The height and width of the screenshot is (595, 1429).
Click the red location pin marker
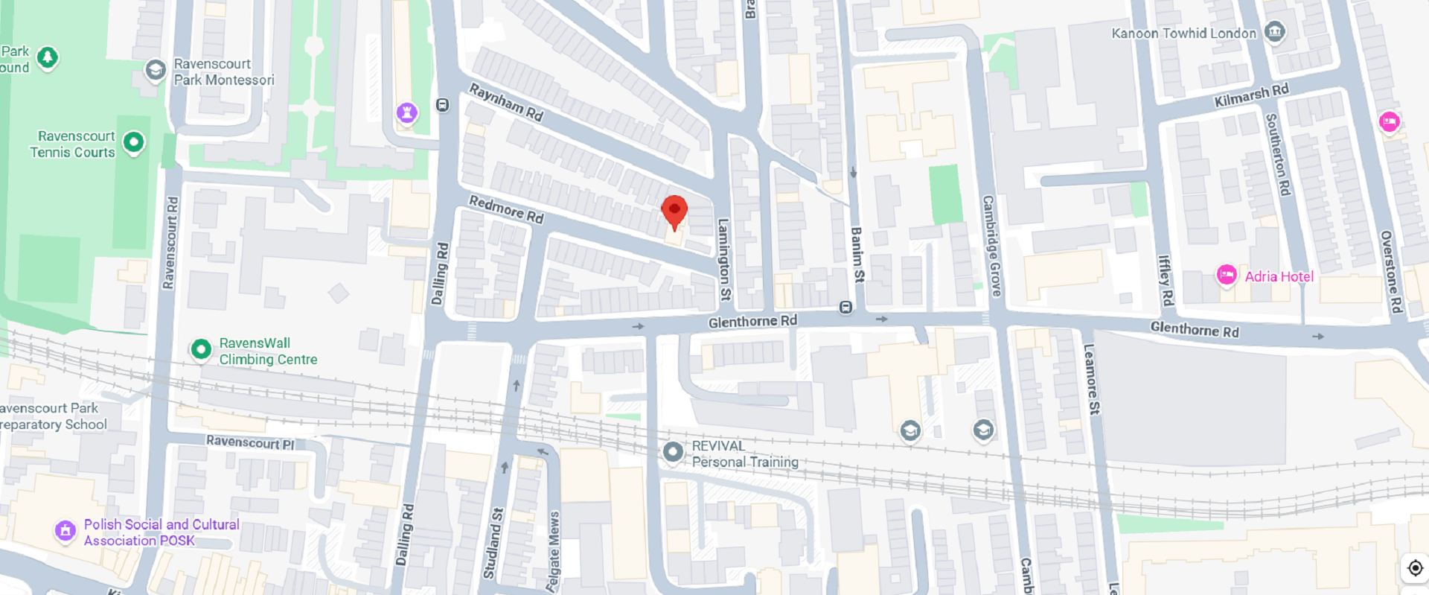tap(674, 211)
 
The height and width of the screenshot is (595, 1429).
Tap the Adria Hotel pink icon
tap(1227, 276)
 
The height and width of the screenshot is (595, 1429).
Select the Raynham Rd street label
tap(506, 102)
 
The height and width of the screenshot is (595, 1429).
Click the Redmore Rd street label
tap(506, 209)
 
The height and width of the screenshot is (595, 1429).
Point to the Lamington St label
tap(723, 259)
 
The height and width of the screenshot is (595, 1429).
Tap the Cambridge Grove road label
tap(991, 246)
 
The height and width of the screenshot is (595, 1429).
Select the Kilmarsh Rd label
tap(1251, 95)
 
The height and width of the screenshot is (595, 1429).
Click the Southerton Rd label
tap(1277, 154)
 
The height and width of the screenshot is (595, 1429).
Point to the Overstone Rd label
tap(1390, 272)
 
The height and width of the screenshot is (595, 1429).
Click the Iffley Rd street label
tap(1166, 280)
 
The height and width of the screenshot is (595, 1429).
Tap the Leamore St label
tap(1091, 378)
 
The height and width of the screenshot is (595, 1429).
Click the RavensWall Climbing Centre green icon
tap(201, 349)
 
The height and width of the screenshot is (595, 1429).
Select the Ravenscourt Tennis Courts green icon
tap(134, 142)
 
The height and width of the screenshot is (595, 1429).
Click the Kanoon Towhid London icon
tap(1275, 32)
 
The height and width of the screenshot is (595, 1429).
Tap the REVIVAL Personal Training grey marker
tap(673, 451)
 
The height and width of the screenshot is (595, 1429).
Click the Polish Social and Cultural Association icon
tap(65, 531)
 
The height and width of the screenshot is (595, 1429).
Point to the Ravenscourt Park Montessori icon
tap(156, 70)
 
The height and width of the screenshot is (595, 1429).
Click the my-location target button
tap(1415, 568)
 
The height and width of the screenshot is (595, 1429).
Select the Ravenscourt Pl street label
tap(250, 442)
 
